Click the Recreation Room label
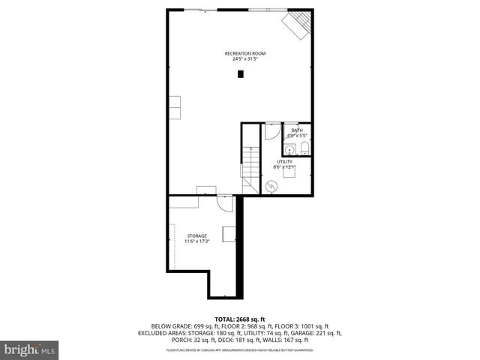[x=245, y=53]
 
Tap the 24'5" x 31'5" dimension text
[x=245, y=59]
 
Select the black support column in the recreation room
[x=241, y=73]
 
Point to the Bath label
[x=298, y=130]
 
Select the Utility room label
[x=284, y=161]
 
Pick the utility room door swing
[x=271, y=130]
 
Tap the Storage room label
[x=196, y=235]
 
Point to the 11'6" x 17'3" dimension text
[x=196, y=241]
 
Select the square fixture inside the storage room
[x=229, y=233]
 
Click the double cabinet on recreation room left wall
[x=175, y=106]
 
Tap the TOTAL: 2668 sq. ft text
[x=239, y=319]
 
